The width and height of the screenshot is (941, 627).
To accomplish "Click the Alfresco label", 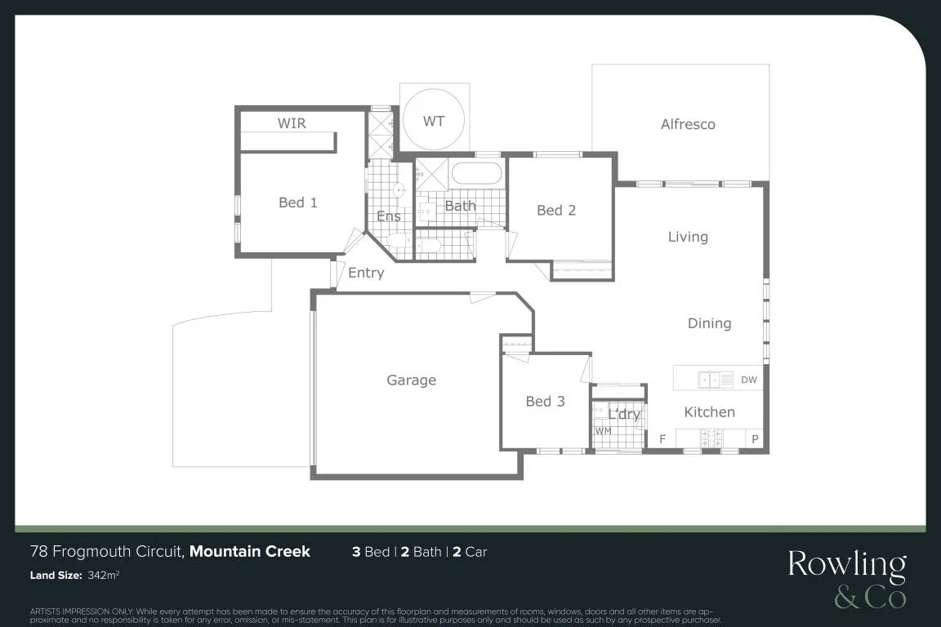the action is [x=688, y=124].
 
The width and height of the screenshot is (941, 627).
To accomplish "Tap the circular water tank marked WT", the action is [x=433, y=120].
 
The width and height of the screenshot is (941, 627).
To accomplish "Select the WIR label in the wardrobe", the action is [x=292, y=123].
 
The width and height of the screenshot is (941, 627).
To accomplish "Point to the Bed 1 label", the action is [x=297, y=202].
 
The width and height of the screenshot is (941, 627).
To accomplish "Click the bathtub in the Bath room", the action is [x=476, y=173].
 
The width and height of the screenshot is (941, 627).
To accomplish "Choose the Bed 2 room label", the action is [x=556, y=210].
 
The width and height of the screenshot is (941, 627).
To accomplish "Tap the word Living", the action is [x=688, y=237].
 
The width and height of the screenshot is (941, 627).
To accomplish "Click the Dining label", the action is [x=709, y=323].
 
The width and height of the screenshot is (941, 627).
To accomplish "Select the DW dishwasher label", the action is [x=749, y=380].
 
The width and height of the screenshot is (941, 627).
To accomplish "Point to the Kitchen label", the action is [x=709, y=412].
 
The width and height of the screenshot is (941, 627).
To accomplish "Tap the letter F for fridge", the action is [x=662, y=439].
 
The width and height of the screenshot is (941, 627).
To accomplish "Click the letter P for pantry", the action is [x=755, y=439].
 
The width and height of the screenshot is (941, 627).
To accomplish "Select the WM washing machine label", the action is [x=603, y=431].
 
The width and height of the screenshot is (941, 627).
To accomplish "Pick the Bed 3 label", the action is [x=545, y=402].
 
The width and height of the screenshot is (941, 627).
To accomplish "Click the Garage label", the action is [x=411, y=380].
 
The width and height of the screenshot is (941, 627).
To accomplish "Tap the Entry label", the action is [x=366, y=273].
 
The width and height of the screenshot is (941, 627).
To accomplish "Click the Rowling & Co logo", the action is [x=847, y=579].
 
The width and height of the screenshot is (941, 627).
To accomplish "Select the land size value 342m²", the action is [x=103, y=575].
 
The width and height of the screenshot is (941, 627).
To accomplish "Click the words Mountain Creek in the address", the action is [x=250, y=551].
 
